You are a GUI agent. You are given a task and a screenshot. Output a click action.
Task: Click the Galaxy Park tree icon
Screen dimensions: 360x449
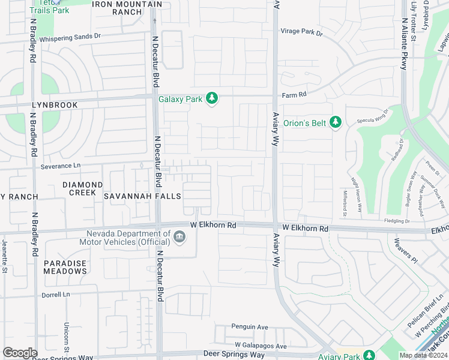coord(211,98)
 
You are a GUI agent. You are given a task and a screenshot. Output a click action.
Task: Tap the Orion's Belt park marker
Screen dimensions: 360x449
coord(336,123)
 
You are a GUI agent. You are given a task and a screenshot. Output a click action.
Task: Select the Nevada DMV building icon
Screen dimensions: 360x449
coord(179,239)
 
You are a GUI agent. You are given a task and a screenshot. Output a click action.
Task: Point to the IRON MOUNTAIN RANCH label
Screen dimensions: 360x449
coord(127,8)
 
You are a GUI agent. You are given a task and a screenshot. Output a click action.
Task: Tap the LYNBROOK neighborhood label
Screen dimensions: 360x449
coord(55,105)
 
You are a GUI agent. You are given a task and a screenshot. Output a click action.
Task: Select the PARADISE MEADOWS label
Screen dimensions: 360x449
coord(65,267)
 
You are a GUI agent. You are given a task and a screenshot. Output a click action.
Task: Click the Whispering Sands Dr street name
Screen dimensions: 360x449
coord(70,37)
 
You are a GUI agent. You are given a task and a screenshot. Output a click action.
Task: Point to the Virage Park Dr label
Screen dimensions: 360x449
coord(302,32)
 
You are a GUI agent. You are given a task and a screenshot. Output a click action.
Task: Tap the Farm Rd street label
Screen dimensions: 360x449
coord(295,95)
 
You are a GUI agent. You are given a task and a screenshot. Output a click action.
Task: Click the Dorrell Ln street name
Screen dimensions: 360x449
coord(56,295)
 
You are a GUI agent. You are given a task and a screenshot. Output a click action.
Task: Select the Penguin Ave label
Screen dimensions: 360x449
coord(250,327)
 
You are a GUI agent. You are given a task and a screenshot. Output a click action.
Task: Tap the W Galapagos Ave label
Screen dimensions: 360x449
coord(261,346)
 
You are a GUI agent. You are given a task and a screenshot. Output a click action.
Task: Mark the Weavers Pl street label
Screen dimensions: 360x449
coord(405,251)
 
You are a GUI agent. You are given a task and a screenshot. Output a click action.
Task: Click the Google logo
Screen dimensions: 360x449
coord(19,353)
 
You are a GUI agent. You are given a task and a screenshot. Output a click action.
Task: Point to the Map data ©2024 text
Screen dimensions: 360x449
coord(424,356)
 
